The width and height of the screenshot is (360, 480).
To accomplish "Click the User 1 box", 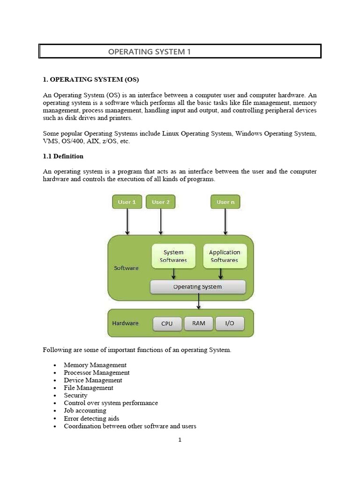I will (x=127, y=202).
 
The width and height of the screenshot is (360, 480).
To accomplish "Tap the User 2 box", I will (x=161, y=202).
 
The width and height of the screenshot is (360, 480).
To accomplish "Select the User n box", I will (x=225, y=202).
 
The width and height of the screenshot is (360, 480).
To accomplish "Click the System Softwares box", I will (x=173, y=256).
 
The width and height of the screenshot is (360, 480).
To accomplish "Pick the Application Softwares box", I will (x=225, y=256).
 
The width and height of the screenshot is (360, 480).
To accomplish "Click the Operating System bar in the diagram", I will (x=197, y=287).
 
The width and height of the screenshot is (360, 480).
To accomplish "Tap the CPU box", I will (x=167, y=323).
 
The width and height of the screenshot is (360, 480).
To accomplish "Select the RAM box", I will (x=198, y=323).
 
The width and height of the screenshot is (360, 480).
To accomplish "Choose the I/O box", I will (x=230, y=323).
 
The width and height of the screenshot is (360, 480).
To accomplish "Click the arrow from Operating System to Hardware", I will (x=199, y=301).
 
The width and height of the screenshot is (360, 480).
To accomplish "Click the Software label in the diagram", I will (x=126, y=268).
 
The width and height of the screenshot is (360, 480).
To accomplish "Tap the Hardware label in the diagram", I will (x=125, y=323).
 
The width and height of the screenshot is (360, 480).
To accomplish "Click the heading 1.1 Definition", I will (x=63, y=157).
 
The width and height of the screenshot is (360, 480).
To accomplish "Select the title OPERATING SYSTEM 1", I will (x=150, y=52).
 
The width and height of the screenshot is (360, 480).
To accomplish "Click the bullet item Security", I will (x=75, y=395).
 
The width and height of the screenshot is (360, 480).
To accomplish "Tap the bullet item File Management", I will (x=89, y=388).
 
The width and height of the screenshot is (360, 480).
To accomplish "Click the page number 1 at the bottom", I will (x=180, y=440).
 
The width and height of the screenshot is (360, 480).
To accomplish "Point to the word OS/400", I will (x=72, y=142).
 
